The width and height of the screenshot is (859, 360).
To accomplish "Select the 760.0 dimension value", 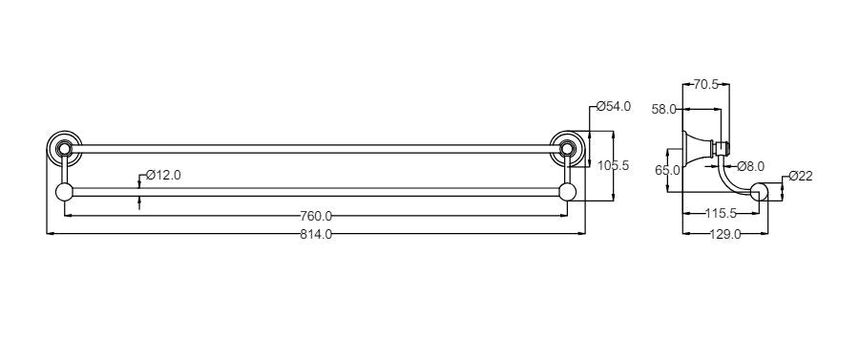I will (315, 215).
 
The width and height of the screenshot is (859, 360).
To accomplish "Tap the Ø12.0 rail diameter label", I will (163, 176).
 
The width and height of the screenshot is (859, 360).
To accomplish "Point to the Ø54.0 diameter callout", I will (613, 107).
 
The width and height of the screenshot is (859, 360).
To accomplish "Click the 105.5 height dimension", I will (613, 165).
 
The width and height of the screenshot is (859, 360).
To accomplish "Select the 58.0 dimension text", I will (664, 110).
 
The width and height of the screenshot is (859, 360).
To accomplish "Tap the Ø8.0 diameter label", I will (751, 166).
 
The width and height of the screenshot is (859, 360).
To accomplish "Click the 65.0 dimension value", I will (668, 170).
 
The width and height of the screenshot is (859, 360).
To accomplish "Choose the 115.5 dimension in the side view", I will (723, 214).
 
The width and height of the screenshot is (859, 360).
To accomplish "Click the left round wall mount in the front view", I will (64, 147).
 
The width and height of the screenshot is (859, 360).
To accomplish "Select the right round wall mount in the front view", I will (569, 147).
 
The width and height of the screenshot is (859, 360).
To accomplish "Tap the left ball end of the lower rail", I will (65, 192).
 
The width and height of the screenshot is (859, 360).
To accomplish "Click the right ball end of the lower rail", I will (569, 192).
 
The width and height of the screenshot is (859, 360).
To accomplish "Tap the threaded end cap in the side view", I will (724, 147).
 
